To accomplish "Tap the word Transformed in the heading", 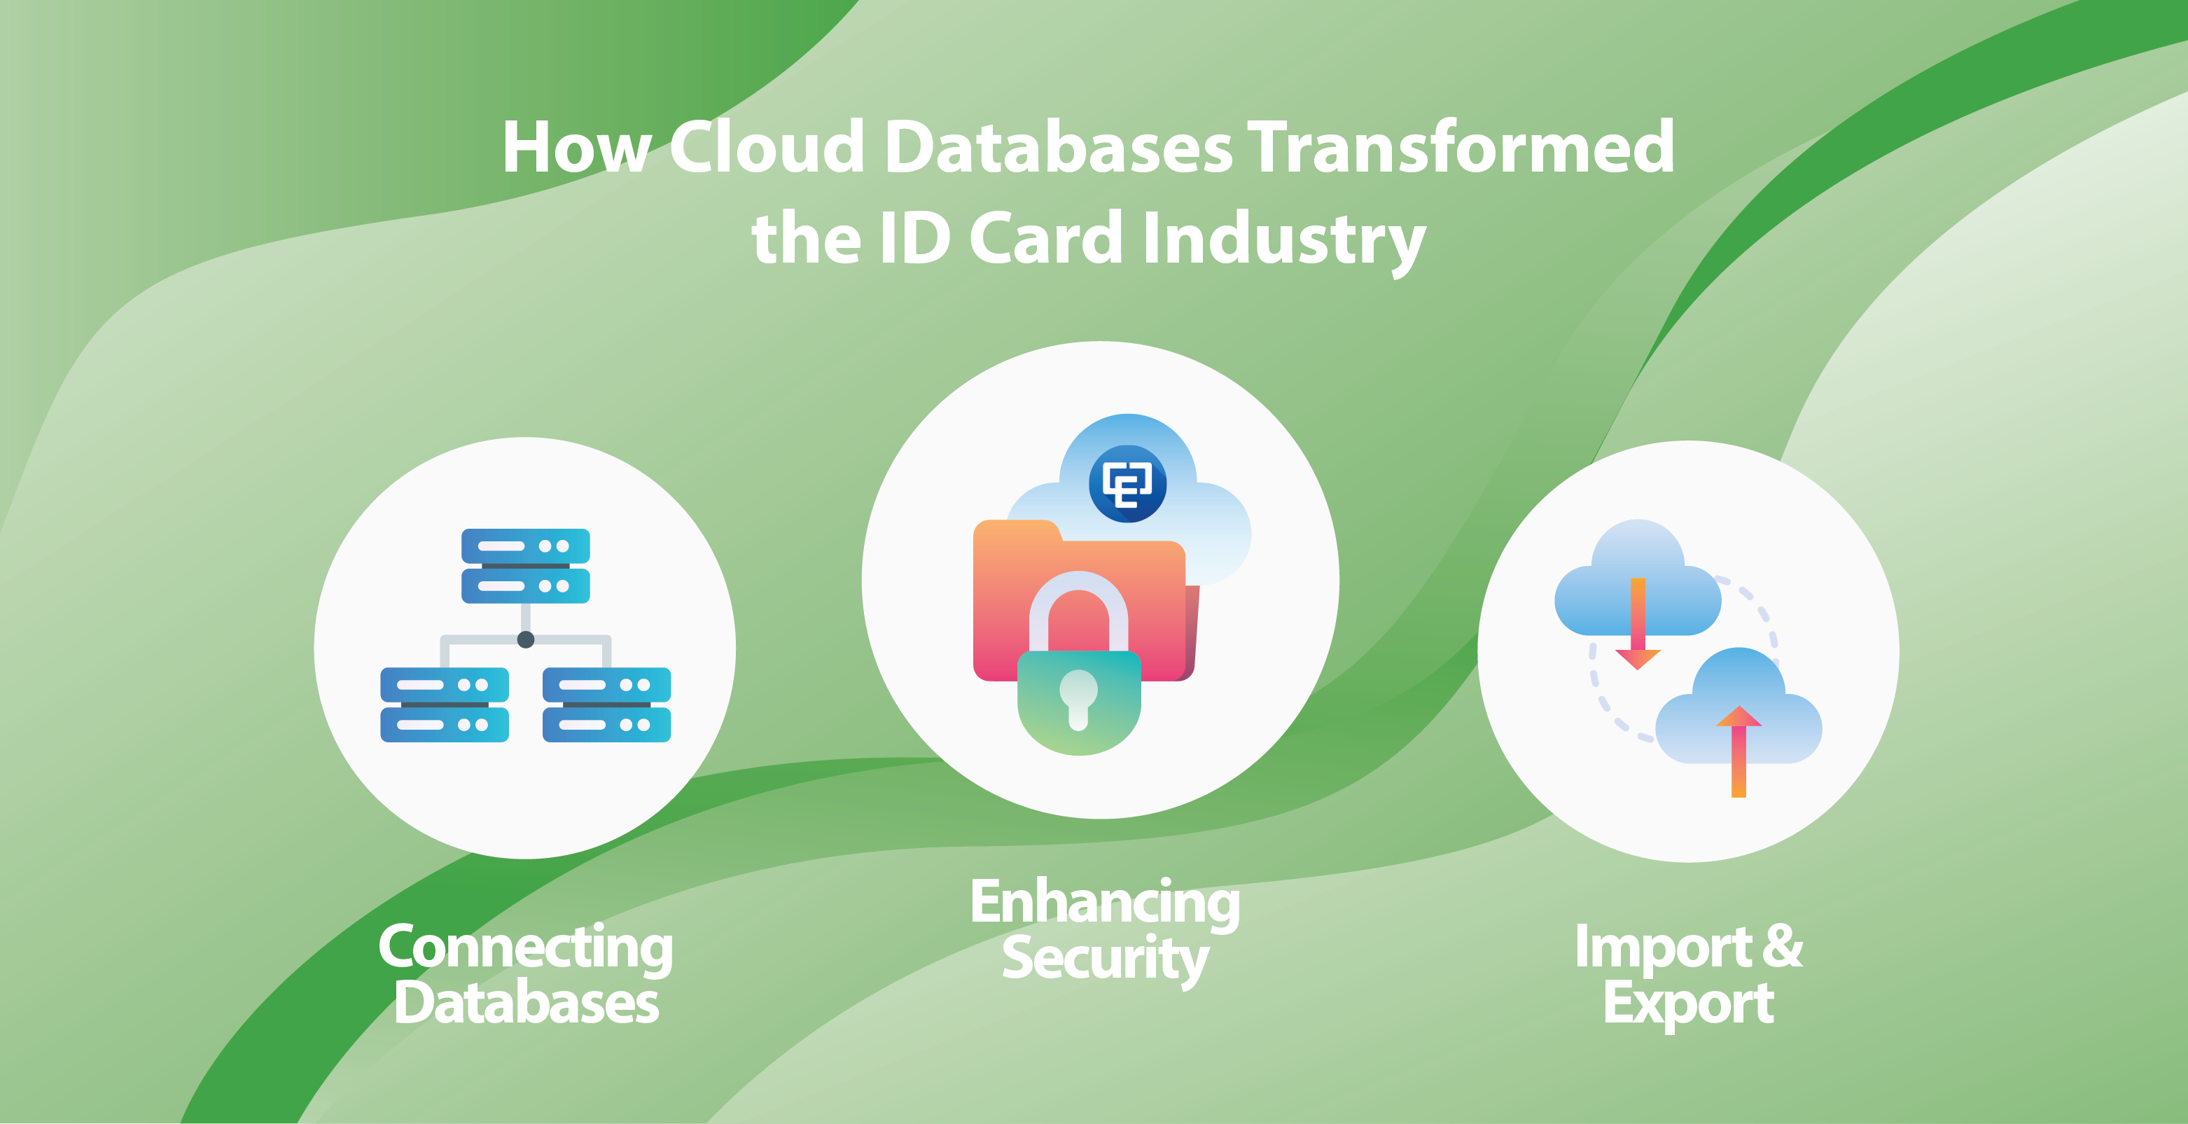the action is (1461, 146).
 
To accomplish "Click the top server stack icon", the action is (526, 566).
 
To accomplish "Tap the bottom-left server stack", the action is (444, 705).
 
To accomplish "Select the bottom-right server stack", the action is (606, 705).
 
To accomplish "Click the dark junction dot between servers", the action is (526, 640).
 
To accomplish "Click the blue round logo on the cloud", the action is (1127, 483).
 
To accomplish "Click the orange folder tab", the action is (1017, 530).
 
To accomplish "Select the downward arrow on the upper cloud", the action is (1638, 623).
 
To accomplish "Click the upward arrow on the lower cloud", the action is (1738, 751).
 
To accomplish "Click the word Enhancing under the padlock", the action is (1105, 902).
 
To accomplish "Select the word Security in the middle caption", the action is (1105, 960).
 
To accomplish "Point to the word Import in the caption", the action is (1662, 946).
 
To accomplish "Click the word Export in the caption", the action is (1689, 1004).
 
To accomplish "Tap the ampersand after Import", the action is (1782, 945).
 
